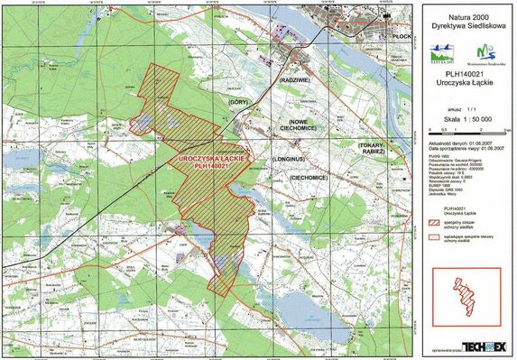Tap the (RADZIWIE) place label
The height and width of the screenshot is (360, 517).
coord(298,80)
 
